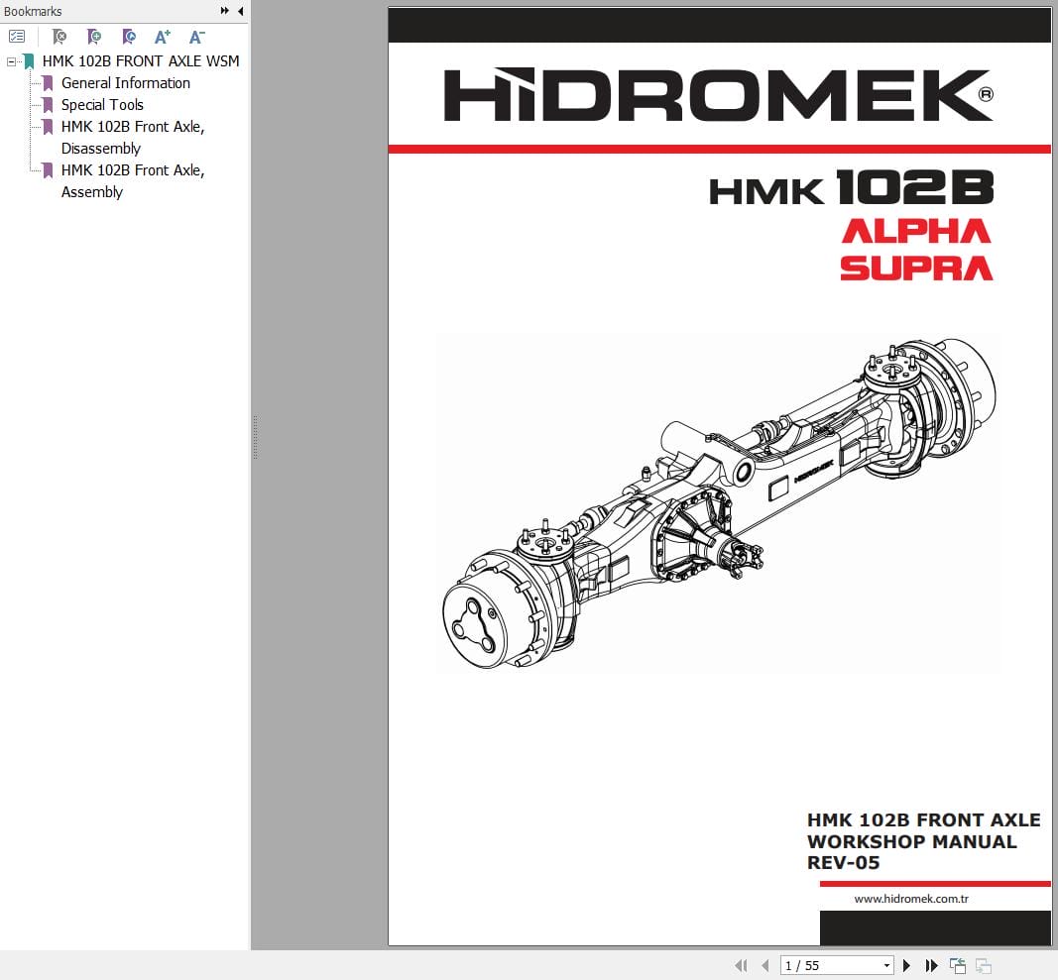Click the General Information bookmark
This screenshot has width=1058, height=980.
pos(125,83)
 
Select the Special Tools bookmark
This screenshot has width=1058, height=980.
pos(102,105)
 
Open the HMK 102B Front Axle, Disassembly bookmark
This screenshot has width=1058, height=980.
pos(132,138)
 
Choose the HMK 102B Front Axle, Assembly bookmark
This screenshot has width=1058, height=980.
pos(132,181)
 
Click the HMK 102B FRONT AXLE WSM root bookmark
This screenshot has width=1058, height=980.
pos(140,61)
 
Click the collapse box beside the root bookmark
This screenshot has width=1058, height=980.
pos(12,61)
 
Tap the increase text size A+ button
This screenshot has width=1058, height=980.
pos(163,37)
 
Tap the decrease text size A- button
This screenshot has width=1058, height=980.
pos(196,37)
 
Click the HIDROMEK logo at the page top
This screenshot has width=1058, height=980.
pos(718,95)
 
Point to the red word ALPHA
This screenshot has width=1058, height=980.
pos(915,232)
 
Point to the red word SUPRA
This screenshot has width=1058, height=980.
pos(915,268)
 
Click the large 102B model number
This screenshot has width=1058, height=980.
pos(914,187)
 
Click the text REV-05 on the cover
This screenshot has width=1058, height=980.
pos(843,863)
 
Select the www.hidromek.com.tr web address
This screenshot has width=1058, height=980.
pos(910,899)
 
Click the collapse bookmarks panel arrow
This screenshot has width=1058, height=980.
pos(240,11)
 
